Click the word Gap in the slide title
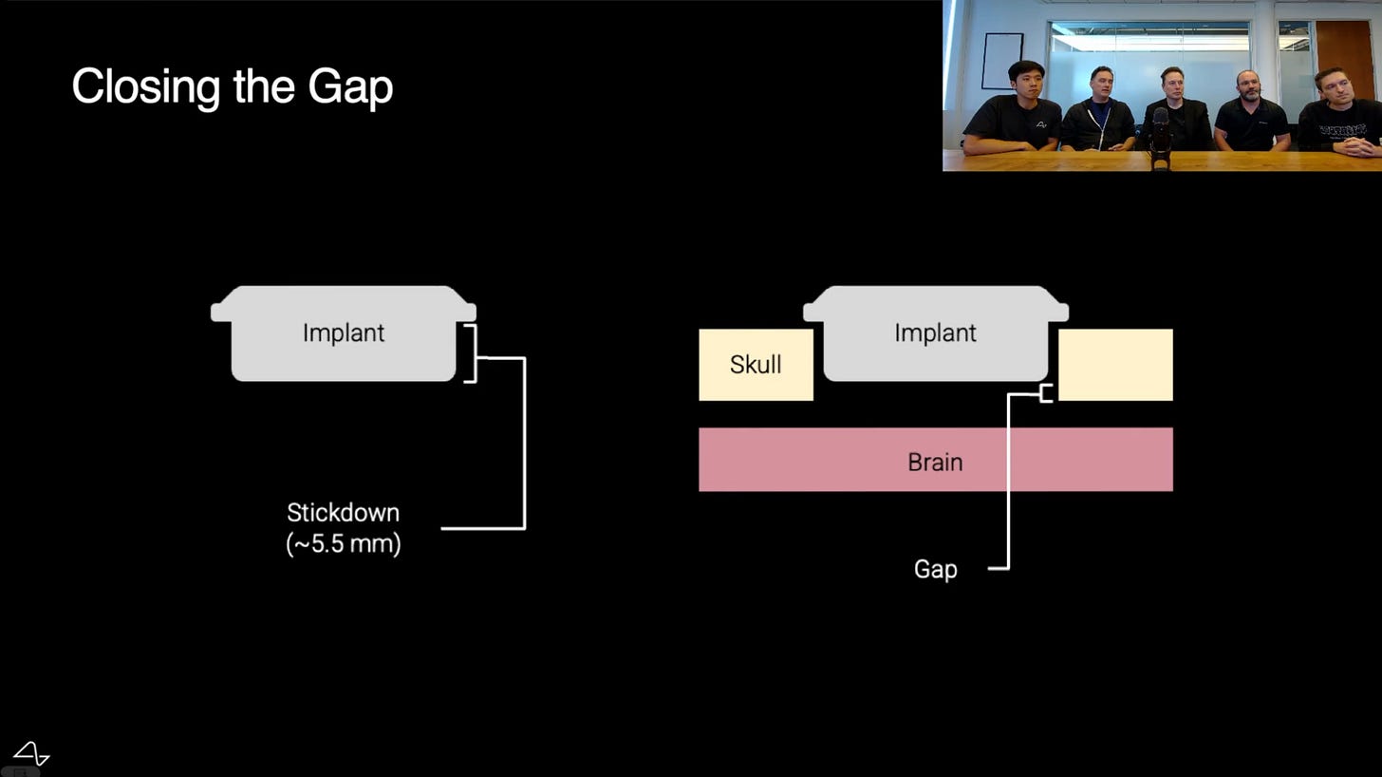[350, 87]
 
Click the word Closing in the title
[146, 87]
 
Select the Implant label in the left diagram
[344, 333]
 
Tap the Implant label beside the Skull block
[935, 333]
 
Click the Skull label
[756, 365]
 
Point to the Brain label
[935, 462]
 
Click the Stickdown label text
[343, 513]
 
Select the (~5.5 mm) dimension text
[344, 544]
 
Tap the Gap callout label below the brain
[935, 569]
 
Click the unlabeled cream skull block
[1115, 365]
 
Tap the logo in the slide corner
[31, 753]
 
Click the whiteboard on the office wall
[1002, 61]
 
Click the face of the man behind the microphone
[1172, 86]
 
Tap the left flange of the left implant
[221, 312]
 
